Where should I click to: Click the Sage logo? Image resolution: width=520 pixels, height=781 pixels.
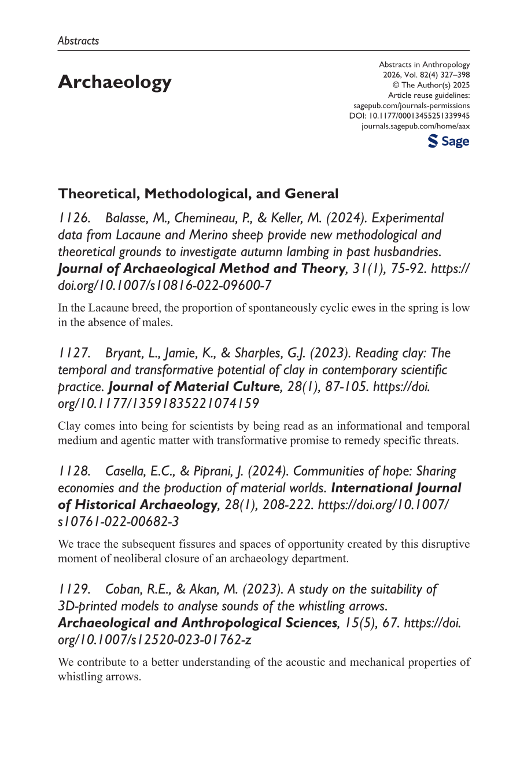(448, 142)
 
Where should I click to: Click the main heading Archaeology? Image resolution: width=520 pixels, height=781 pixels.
(115, 82)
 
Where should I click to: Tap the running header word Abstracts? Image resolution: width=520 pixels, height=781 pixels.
(78, 40)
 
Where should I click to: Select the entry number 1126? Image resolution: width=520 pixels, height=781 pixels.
(74, 218)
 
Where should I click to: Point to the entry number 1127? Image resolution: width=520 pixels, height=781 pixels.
(74, 353)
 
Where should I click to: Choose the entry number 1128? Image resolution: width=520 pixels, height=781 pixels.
(74, 471)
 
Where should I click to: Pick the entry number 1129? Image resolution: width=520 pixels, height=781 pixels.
(74, 590)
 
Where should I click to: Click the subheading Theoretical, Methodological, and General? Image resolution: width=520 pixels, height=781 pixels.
(198, 193)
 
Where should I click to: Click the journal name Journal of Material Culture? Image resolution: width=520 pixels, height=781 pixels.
(194, 387)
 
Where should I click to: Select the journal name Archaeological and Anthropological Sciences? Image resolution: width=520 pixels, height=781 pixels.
(197, 623)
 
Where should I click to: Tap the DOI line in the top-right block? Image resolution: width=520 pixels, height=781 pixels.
(410, 116)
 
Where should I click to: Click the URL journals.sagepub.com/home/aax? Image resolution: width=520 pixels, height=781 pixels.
(415, 126)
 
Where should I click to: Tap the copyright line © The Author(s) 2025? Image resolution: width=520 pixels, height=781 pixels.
(431, 85)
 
